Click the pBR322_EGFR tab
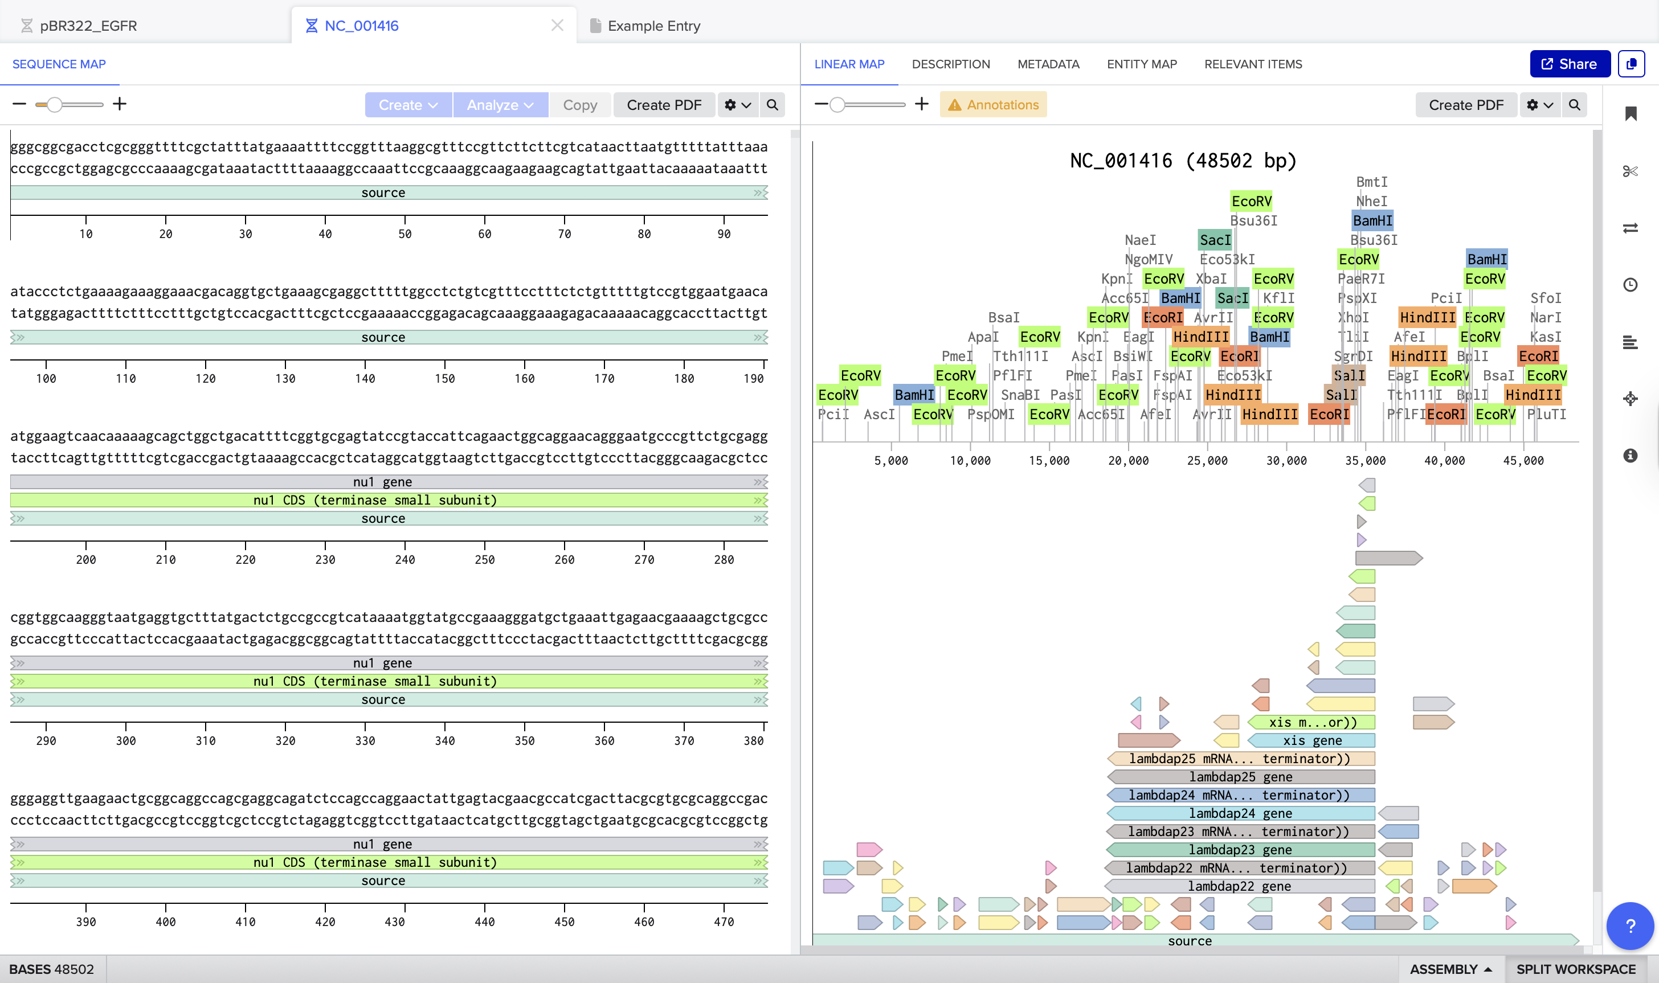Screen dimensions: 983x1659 click(88, 26)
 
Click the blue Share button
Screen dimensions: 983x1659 click(1569, 64)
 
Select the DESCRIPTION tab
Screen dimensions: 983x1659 click(950, 64)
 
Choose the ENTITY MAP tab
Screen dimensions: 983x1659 click(1141, 64)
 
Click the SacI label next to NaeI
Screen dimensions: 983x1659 click(1215, 240)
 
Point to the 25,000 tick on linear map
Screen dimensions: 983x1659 click(1207, 460)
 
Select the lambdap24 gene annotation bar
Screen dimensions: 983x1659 click(1240, 813)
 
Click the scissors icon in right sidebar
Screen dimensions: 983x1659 click(1630, 171)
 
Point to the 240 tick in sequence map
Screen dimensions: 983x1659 click(405, 560)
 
